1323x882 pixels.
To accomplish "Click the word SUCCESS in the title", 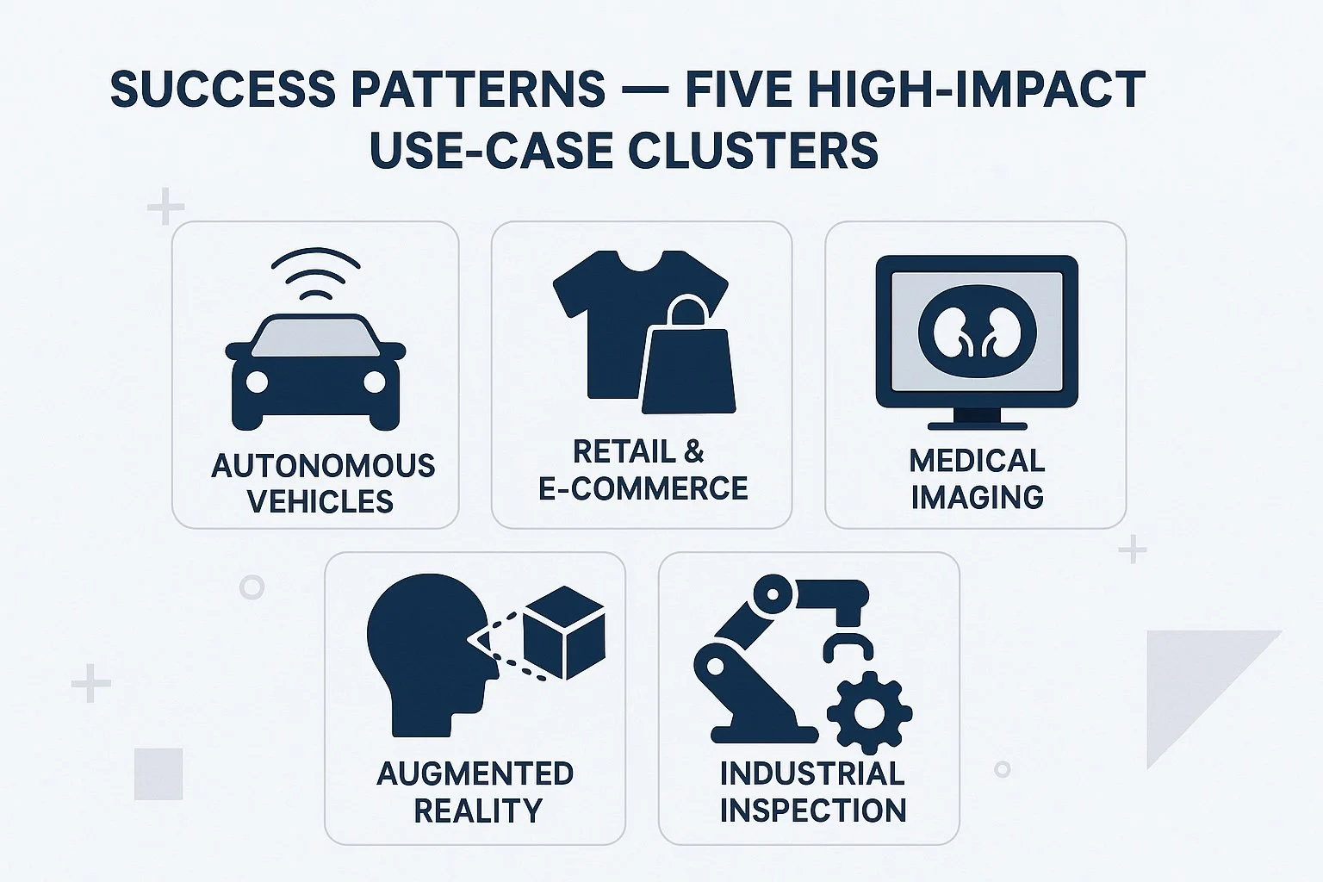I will (x=223, y=89).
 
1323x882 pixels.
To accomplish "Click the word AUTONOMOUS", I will (x=323, y=466).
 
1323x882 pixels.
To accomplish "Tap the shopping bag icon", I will (x=688, y=362).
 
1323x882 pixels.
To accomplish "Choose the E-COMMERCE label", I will (x=643, y=488).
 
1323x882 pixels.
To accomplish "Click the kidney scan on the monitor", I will (x=977, y=332).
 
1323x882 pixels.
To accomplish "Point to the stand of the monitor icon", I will (x=977, y=419).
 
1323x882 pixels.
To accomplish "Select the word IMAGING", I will (x=977, y=497).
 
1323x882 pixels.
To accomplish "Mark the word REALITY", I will (x=478, y=811).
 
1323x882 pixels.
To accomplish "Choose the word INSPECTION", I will (x=812, y=811).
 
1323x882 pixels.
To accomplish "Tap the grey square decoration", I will (x=158, y=773).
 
